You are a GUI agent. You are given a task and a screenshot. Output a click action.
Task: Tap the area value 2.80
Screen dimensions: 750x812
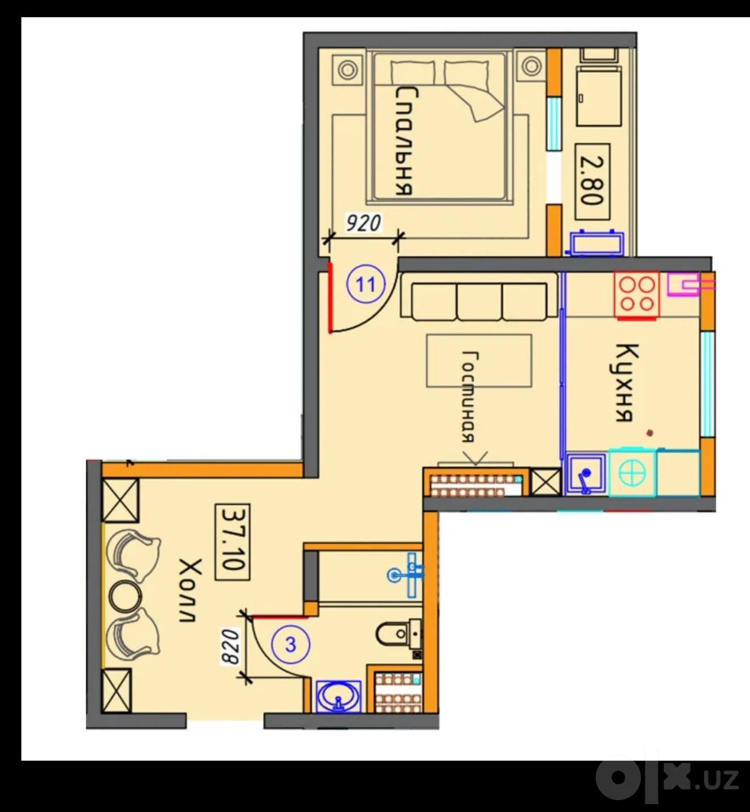point(592,181)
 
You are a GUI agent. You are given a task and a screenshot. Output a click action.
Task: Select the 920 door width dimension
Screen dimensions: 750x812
point(364,223)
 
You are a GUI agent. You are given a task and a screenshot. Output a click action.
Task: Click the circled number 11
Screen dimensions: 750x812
point(365,284)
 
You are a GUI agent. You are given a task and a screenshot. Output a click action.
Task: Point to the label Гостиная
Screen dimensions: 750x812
point(469,396)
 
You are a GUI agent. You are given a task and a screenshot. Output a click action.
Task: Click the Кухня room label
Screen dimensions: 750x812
point(624,382)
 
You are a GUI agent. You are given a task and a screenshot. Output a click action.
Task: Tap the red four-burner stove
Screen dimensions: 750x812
point(637,295)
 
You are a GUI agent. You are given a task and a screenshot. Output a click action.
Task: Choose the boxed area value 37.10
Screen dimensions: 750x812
point(232,542)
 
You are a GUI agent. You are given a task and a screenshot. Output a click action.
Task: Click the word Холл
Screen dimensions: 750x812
point(190,590)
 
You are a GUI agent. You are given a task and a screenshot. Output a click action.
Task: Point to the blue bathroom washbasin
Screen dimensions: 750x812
point(339,697)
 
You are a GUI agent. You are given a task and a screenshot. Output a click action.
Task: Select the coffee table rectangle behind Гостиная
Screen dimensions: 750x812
point(479,361)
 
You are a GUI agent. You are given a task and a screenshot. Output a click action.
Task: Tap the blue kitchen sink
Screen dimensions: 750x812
point(586,474)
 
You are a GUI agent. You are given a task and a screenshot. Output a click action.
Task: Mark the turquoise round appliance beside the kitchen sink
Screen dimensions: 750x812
point(633,473)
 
